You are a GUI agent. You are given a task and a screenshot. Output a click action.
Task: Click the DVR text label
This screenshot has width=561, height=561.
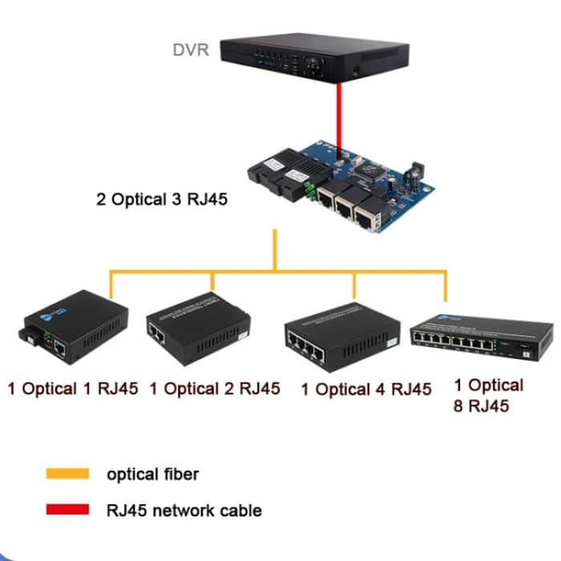coord(191,50)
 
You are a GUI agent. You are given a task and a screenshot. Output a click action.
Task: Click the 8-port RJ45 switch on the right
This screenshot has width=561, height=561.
coord(481,337)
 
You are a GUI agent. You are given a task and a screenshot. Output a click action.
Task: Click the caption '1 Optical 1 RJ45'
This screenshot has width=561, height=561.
coord(73,389)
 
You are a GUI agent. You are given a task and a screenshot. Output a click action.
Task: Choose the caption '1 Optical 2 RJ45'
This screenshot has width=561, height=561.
coord(215,389)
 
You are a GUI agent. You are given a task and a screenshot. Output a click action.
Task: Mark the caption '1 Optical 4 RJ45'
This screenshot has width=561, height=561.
coord(365,390)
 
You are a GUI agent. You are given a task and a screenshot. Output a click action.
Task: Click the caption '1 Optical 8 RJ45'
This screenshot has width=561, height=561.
coord(488,395)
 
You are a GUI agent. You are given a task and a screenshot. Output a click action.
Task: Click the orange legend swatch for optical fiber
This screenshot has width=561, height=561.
coord(67,474)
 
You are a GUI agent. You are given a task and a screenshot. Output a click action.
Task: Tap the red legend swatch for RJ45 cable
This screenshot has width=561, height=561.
coord(67,510)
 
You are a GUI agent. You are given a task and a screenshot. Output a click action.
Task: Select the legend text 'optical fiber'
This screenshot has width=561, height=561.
coord(152,474)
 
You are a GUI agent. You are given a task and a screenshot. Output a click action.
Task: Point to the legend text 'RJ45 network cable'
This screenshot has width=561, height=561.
coord(184,510)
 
